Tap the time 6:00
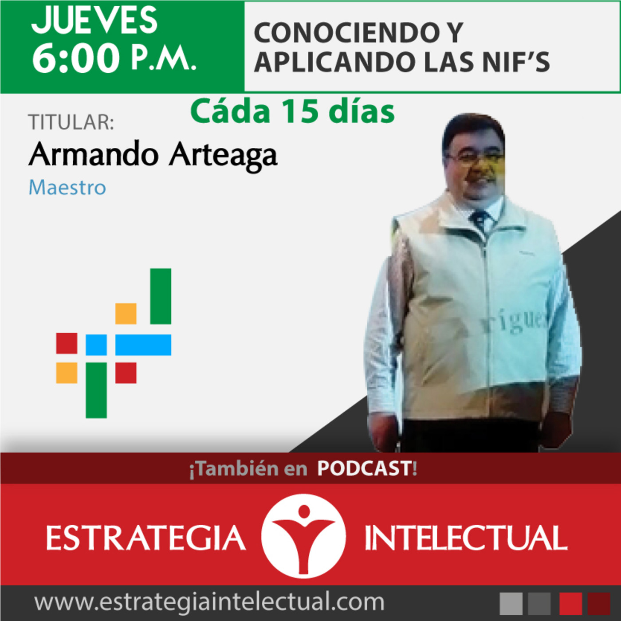coord(75,59)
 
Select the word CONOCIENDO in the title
coord(339,33)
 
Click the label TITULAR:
coord(71,122)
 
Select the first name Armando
coord(93,154)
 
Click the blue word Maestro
coord(67,187)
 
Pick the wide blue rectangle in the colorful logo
coord(143,345)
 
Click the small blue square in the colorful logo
coord(96,345)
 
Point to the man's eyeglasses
coord(475,157)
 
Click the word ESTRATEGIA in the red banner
coord(145,538)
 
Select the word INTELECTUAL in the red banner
coord(466,538)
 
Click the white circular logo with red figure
coord(303,536)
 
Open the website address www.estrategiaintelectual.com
coord(209,602)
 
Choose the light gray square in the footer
coord(511,603)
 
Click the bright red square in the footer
coord(570,603)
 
